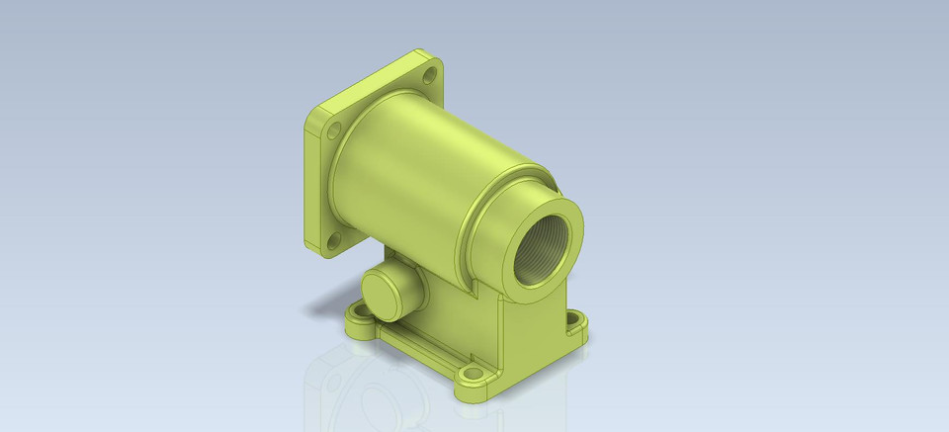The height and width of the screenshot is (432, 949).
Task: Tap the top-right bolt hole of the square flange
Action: pos(430,73)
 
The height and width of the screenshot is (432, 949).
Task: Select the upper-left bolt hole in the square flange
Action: pos(334,130)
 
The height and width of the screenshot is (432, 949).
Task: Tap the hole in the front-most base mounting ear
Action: pos(474,377)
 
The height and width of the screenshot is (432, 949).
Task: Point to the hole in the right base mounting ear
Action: pos(574,319)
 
